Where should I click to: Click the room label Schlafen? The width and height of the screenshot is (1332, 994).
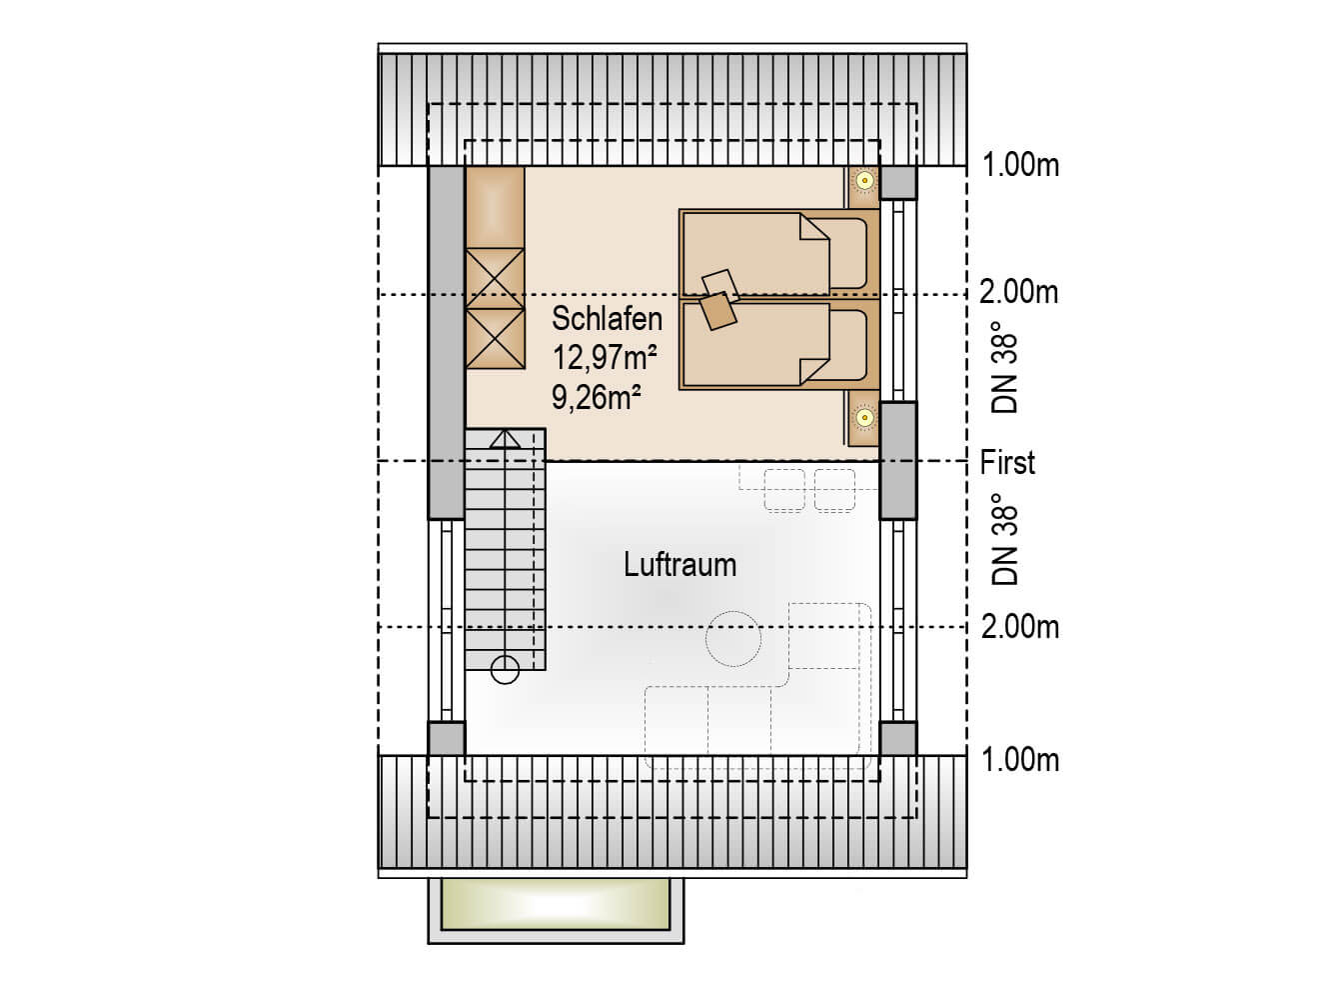point(607,319)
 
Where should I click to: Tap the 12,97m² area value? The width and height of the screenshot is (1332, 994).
point(604,357)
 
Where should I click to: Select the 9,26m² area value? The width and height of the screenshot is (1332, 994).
point(596,398)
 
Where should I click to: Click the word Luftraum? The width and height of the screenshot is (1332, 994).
point(679,565)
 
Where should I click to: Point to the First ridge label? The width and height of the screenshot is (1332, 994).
point(1007,463)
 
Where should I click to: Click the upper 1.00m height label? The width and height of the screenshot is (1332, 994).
point(1020,165)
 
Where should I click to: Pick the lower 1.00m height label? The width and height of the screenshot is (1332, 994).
point(1020,760)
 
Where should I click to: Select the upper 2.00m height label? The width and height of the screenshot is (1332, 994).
point(1019,293)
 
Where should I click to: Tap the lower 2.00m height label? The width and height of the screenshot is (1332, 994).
point(1020,627)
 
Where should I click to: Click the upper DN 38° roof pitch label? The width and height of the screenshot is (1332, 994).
point(1004,375)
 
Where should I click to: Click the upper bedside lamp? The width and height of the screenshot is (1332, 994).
point(864,180)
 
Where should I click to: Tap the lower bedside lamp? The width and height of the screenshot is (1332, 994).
point(864,418)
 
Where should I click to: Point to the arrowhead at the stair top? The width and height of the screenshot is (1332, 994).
point(505,439)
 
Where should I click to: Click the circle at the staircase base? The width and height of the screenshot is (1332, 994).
point(505,670)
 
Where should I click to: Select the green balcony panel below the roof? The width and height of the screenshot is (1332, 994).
point(556,904)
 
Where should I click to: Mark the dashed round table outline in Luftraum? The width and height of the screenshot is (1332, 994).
point(733,639)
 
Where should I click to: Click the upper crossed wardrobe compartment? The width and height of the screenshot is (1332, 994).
point(496,279)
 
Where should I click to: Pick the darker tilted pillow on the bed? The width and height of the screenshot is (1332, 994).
point(718,311)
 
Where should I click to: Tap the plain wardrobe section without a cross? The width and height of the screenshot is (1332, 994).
point(496,208)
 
